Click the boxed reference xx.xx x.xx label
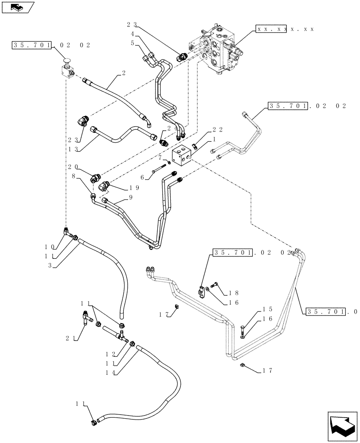coord(286,28)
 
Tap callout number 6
coord(143,176)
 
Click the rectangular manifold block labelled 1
coord(182,158)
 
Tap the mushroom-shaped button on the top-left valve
coord(67,61)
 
